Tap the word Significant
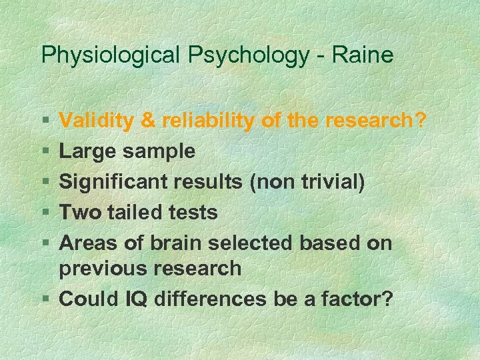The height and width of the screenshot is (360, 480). click(114, 182)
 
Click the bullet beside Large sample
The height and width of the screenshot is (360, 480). click(45, 151)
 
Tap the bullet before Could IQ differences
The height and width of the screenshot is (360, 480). click(45, 299)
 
